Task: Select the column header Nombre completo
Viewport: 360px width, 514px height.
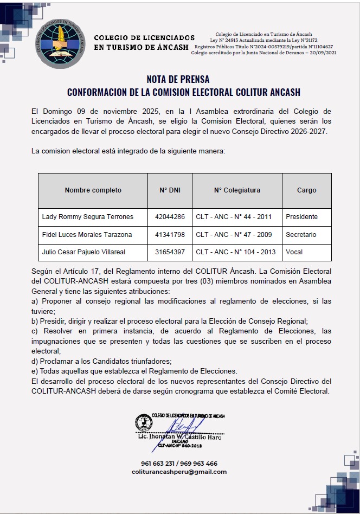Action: [93, 190]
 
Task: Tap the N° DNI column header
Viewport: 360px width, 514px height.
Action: [170, 190]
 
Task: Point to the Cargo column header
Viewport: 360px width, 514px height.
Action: [306, 190]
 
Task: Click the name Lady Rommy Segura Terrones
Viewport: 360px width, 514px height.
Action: [87, 217]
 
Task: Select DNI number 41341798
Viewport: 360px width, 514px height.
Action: [170, 235]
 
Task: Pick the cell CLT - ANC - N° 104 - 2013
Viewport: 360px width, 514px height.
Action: [236, 252]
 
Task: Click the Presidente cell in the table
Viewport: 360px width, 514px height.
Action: [301, 217]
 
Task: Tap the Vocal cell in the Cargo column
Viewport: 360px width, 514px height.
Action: [294, 252]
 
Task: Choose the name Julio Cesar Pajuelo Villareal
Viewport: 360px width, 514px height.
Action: [83, 252]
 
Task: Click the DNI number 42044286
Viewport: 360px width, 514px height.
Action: [170, 217]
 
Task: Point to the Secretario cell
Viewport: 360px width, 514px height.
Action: [301, 235]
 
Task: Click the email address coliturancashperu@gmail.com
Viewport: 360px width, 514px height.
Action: [179, 472]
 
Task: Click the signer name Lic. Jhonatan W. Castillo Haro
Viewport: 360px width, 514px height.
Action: [179, 437]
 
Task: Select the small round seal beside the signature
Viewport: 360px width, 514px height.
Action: [144, 421]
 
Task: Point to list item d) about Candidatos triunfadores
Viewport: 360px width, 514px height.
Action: [101, 361]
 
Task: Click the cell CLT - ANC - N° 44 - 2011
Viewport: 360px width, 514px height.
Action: [234, 217]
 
